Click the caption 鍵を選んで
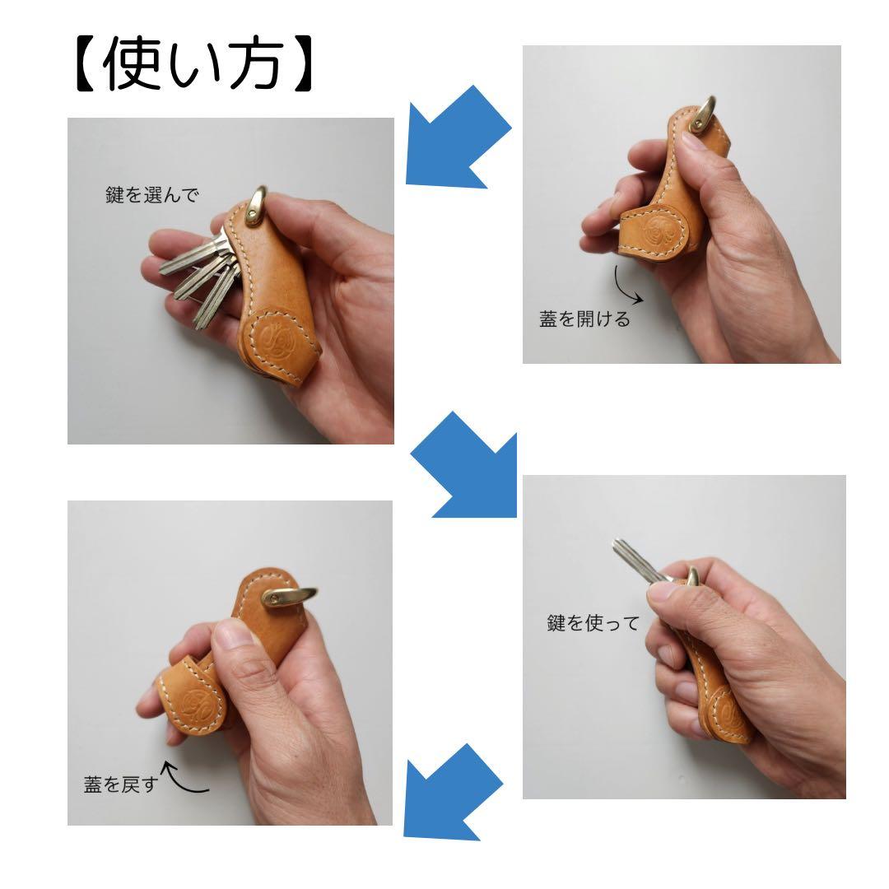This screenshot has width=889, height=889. tap(152, 196)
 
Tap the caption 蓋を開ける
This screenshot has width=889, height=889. tap(584, 319)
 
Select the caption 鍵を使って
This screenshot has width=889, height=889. tap(593, 623)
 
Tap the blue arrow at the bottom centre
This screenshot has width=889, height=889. tap(453, 791)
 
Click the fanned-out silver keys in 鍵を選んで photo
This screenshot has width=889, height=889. tap(202, 276)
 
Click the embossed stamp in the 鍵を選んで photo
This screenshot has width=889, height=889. tap(273, 338)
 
